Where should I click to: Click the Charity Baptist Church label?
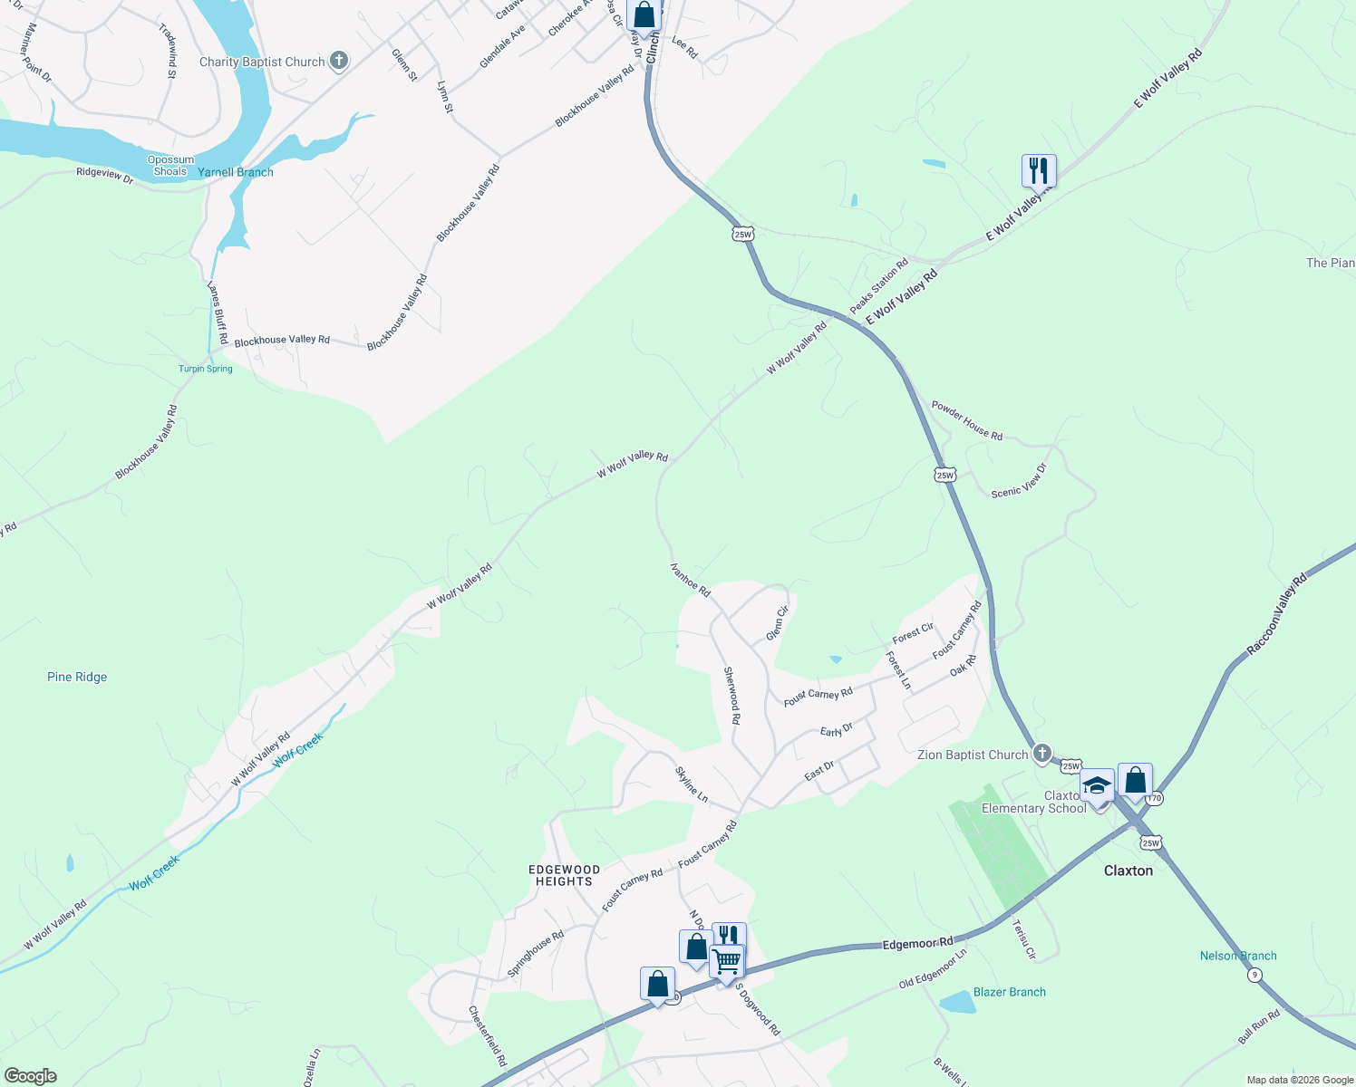click(x=261, y=62)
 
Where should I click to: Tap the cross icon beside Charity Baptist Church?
click(x=339, y=61)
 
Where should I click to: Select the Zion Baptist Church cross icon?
click(x=1042, y=754)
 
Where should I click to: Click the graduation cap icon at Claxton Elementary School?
click(x=1097, y=784)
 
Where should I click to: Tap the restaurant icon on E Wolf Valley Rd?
click(x=1039, y=169)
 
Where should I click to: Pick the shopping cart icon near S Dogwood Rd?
click(x=727, y=961)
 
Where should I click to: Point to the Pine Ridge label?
click(x=77, y=677)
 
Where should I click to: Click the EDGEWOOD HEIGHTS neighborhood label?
click(x=564, y=875)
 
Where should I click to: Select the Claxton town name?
click(x=1128, y=871)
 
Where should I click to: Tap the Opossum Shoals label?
click(x=170, y=166)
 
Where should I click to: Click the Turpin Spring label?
click(x=206, y=369)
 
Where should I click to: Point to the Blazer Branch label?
click(x=1009, y=992)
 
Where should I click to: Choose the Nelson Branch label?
click(x=1238, y=956)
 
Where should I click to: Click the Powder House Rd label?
click(x=967, y=421)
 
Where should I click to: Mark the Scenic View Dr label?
click(x=1019, y=480)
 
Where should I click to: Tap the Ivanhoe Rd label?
click(x=690, y=578)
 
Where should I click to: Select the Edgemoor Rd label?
click(x=918, y=944)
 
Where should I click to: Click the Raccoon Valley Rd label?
click(x=1277, y=613)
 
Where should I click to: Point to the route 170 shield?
click(x=1154, y=799)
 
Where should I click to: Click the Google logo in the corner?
click(x=30, y=1076)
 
